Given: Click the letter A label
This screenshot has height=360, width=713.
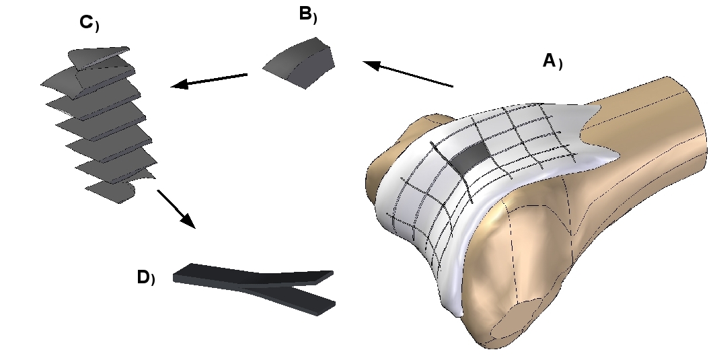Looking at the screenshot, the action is point(549,61).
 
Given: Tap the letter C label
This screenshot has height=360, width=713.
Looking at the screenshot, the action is point(85,22).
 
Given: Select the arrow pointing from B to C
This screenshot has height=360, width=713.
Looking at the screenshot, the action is point(209,80).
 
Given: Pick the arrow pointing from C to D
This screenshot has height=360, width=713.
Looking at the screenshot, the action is point(176,209).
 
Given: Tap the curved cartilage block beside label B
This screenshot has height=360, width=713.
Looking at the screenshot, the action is point(299,63).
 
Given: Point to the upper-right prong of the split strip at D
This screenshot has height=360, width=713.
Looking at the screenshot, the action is point(309,276).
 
